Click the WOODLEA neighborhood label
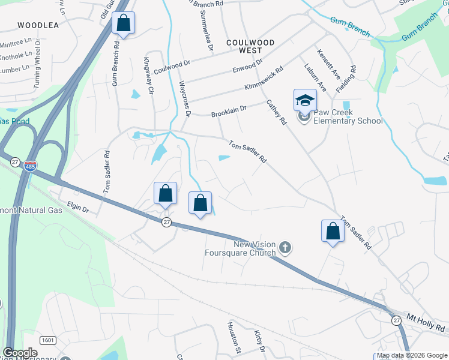click(38, 25)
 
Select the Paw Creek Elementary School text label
click(349, 116)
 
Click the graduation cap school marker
click(305, 99)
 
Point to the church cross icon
click(285, 247)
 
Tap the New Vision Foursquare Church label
click(255, 248)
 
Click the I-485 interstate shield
click(31, 166)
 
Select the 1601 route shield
click(48, 340)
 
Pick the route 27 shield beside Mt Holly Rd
click(396, 321)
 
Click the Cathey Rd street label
click(277, 112)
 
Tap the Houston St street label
click(234, 337)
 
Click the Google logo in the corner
click(20, 353)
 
